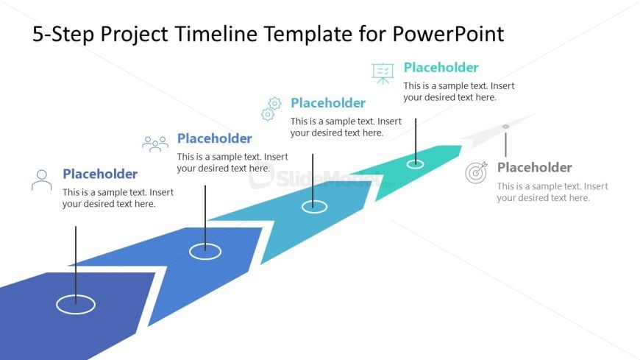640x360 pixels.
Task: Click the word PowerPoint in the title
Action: click(448, 34)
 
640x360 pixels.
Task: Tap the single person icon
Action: click(42, 180)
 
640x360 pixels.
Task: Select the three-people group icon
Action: click(155, 144)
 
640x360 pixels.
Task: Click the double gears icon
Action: click(271, 109)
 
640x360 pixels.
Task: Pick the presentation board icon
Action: click(383, 72)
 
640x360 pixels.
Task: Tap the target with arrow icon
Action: click(476, 173)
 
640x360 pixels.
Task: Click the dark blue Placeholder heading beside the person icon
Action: click(100, 174)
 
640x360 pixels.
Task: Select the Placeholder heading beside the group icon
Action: click(215, 138)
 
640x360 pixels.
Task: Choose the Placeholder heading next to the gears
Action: click(328, 103)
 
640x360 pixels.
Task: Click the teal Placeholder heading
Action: click(441, 68)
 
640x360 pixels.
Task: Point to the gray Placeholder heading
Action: click(535, 167)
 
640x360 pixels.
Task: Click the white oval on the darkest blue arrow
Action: click(76, 303)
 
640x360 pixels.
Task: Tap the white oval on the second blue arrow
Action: click(205, 251)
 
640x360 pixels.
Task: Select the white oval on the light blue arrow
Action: click(314, 207)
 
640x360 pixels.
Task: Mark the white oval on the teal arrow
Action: click(415, 163)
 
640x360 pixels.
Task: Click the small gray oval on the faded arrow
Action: click(505, 127)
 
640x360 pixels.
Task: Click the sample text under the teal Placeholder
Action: click(459, 91)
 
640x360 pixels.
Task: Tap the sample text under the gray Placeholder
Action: click(552, 192)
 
